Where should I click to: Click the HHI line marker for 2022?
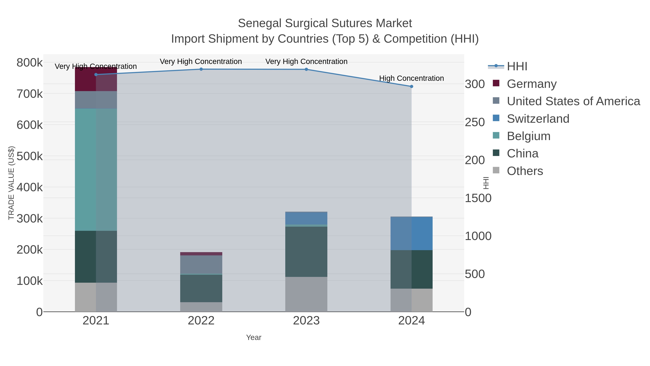[201, 69]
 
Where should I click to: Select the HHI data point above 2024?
[411, 86]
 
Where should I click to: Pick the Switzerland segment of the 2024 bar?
[411, 233]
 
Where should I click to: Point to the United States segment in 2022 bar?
[201, 264]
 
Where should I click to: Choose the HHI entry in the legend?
[517, 67]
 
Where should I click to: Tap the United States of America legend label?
[573, 101]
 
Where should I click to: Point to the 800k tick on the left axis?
[30, 63]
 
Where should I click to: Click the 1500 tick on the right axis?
[478, 198]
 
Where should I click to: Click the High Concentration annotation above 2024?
[411, 78]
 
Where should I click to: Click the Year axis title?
[254, 337]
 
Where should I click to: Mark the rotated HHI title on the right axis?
[486, 183]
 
